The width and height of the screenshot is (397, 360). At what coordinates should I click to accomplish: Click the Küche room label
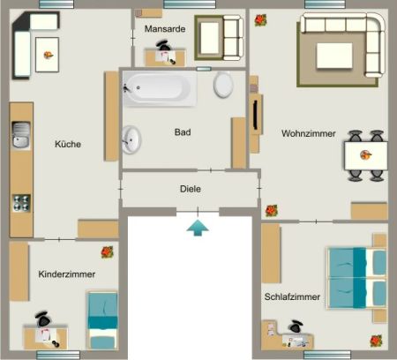point(68,144)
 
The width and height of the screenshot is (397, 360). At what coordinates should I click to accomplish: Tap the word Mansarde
point(164,28)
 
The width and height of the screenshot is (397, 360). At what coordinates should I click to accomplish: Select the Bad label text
point(183,132)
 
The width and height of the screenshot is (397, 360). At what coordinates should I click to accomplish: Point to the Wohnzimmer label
point(309,134)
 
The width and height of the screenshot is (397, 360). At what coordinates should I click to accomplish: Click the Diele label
point(191,188)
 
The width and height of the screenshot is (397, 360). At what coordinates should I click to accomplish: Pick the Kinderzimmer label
point(67,274)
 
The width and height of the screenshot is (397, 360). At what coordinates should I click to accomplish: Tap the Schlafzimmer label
point(292,296)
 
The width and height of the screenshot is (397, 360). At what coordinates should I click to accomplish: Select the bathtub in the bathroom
point(160,89)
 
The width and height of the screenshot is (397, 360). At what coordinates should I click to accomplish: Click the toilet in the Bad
point(224,85)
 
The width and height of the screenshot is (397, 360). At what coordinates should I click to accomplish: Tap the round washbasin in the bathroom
point(132,139)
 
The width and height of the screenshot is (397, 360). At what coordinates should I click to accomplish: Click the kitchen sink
point(21,135)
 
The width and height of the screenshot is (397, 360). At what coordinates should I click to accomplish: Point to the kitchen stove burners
point(21,202)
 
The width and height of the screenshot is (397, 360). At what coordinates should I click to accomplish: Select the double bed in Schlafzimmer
point(357,277)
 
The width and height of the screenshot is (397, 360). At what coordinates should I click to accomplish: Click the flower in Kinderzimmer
point(108,251)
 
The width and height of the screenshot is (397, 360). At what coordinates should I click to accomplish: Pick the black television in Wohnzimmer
point(257,115)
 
